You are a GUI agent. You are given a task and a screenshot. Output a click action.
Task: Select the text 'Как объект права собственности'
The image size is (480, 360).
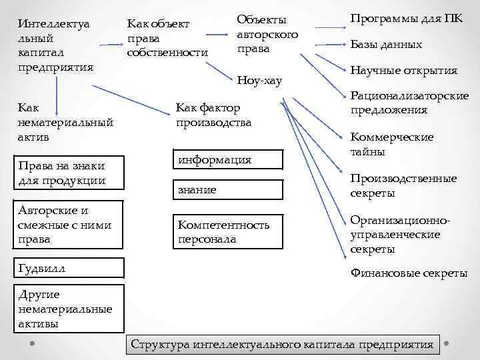(x=167, y=38)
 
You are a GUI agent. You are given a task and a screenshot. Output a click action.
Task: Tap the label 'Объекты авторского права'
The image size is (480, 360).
(x=267, y=33)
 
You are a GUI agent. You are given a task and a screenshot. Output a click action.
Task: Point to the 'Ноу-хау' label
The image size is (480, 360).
(x=260, y=81)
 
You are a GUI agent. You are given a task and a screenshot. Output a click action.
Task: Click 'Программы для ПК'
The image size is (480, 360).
(x=405, y=18)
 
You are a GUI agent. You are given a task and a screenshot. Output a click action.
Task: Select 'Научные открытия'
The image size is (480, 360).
(x=404, y=70)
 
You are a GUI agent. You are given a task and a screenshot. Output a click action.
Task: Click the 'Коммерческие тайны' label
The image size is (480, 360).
(x=391, y=144)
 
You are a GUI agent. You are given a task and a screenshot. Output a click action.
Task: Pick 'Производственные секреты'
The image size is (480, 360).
(x=403, y=185)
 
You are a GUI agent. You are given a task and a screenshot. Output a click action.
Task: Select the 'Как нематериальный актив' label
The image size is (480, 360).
(x=66, y=122)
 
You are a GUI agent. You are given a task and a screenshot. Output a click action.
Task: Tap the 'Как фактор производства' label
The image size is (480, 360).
(x=213, y=115)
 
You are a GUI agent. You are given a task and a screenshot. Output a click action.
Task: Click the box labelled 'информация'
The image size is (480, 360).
(x=227, y=160)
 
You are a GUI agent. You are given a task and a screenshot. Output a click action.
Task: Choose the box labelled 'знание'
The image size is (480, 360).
(x=227, y=190)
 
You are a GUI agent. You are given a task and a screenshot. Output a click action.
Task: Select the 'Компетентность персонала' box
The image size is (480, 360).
(x=227, y=231)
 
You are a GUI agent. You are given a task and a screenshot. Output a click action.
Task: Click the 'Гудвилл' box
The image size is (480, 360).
(x=69, y=267)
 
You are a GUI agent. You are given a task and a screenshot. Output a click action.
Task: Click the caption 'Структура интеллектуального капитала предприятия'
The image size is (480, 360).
(x=283, y=345)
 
